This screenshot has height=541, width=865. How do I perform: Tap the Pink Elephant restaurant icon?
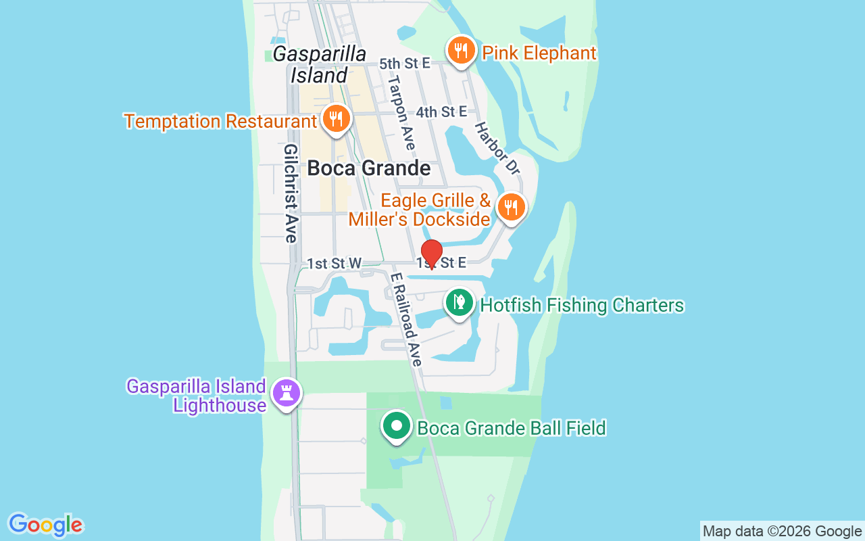pyautogui.click(x=460, y=51)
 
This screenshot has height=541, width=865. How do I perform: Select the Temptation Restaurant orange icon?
pyautogui.click(x=335, y=119)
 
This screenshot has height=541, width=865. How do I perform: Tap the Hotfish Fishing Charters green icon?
pyautogui.click(x=460, y=302)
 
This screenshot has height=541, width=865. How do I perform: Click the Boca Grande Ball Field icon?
pyautogui.click(x=397, y=427)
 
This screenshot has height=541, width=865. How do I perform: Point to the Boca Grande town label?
pyautogui.click(x=369, y=168)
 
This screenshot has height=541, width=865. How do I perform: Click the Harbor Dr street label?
pyautogui.click(x=497, y=149)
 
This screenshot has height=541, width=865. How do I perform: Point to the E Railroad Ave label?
pyautogui.click(x=405, y=319)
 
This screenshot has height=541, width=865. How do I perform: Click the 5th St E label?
pyautogui.click(x=405, y=64)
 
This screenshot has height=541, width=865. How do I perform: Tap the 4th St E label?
pyautogui.click(x=441, y=112)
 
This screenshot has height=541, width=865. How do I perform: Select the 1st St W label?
pyautogui.click(x=335, y=263)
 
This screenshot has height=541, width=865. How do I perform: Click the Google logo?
pyautogui.click(x=46, y=525)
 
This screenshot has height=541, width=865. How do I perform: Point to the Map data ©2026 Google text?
pyautogui.click(x=783, y=531)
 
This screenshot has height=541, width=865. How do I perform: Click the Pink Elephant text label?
pyautogui.click(x=539, y=53)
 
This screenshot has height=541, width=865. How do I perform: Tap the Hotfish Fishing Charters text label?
pyautogui.click(x=582, y=306)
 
